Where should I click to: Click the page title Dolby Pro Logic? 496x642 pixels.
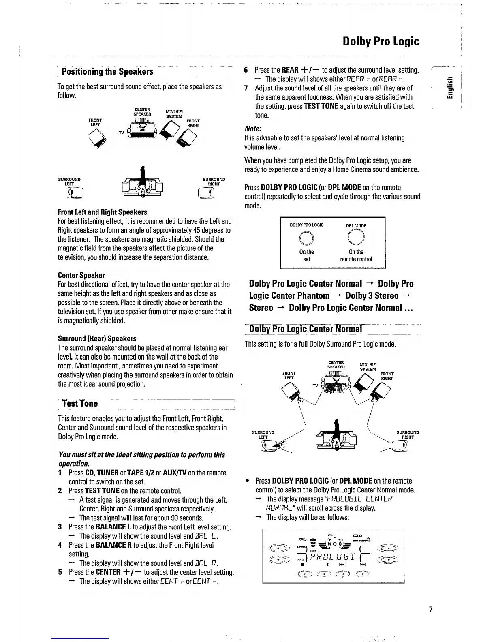click(x=381, y=41)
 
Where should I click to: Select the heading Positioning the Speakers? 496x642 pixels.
click(x=107, y=72)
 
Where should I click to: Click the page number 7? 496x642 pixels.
click(x=431, y=609)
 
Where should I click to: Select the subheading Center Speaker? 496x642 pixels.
click(x=81, y=275)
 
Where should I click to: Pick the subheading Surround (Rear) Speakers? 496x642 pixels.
click(x=97, y=338)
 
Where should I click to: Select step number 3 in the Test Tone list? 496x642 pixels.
click(x=60, y=527)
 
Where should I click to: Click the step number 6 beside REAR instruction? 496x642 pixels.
click(x=246, y=70)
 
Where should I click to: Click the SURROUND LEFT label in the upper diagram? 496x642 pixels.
click(x=69, y=181)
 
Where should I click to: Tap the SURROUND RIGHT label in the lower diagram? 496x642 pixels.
click(x=407, y=434)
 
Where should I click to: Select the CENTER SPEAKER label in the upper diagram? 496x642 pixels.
click(x=142, y=111)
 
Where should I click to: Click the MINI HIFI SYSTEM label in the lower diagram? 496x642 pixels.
click(x=368, y=367)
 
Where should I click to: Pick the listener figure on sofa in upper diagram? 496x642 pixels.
click(x=142, y=184)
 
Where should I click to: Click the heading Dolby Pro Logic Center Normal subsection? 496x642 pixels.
click(x=306, y=329)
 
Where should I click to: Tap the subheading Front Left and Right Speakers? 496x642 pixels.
click(x=103, y=212)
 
